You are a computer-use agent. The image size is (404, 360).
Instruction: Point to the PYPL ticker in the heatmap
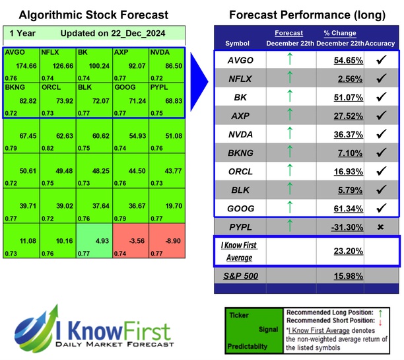click(159, 87)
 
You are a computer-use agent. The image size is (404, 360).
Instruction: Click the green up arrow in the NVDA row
click(288, 133)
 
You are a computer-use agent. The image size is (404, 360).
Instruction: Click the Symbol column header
click(238, 44)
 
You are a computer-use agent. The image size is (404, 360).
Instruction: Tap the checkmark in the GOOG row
click(380, 208)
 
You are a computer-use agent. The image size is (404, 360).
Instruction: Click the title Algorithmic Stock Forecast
click(92, 15)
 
